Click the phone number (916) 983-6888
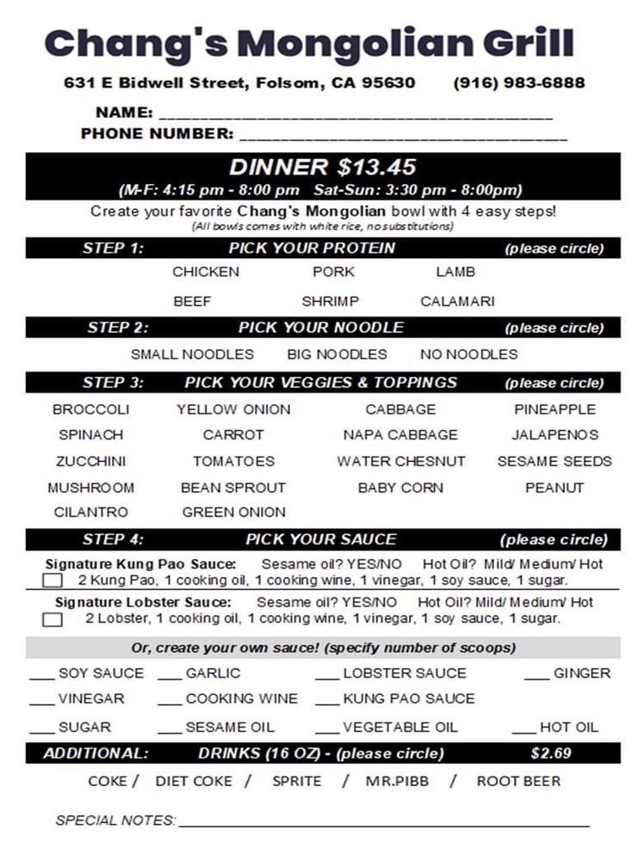[519, 83]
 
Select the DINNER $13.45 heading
[323, 166]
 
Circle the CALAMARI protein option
[457, 302]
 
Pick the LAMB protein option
[455, 272]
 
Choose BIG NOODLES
[337, 354]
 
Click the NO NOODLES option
[468, 354]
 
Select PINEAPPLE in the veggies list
[554, 409]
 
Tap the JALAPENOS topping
[554, 435]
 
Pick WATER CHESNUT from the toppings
[400, 462]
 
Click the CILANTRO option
[90, 513]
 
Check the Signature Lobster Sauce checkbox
[53, 619]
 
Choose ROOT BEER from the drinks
[518, 782]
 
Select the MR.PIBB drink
[397, 782]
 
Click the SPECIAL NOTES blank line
[384, 823]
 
